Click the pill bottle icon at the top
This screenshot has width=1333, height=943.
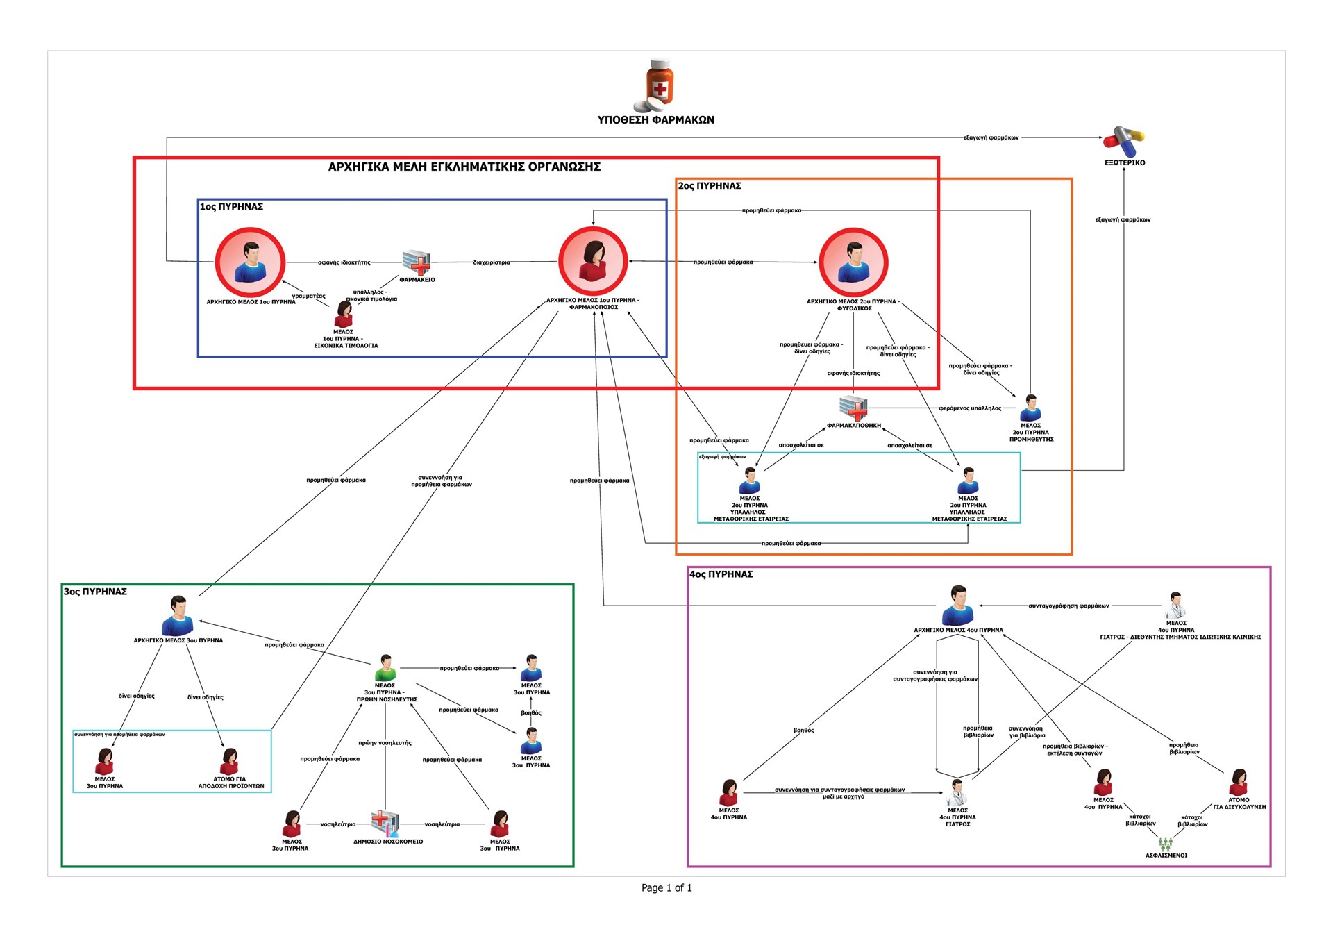[x=658, y=85]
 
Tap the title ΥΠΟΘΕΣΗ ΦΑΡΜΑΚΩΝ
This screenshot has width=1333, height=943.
[x=655, y=120]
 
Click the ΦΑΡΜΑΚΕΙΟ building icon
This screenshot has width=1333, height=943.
[x=417, y=262]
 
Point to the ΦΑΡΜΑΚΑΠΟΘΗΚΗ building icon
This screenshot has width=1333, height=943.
[x=853, y=408]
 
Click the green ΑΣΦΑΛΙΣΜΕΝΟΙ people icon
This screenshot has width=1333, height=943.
[x=1166, y=844]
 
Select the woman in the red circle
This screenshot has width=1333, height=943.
[x=593, y=261]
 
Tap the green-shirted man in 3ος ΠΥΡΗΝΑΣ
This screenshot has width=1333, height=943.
[x=385, y=668]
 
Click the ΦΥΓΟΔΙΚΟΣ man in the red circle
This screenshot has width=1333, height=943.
[x=853, y=262]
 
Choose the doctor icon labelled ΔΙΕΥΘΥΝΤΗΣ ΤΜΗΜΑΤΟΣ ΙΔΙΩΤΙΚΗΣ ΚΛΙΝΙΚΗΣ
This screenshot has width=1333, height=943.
[x=1175, y=605]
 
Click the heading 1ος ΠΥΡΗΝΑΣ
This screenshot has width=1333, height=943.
[x=231, y=207]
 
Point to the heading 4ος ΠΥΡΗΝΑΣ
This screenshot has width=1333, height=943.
[x=721, y=574]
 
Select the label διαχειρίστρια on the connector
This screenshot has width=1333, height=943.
[x=491, y=262]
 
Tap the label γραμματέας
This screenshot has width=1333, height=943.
[x=308, y=297]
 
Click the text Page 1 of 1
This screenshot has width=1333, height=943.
[x=666, y=887]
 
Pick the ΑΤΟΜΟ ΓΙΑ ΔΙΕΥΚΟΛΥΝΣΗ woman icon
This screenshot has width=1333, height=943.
[x=1239, y=782]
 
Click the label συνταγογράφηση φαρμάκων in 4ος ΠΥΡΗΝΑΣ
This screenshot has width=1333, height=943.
[x=1068, y=606]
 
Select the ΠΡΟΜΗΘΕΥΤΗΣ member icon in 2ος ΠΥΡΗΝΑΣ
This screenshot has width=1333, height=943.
[x=1031, y=408]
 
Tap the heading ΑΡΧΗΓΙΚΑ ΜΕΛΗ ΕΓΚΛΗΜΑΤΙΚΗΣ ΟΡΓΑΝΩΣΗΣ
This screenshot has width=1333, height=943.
[x=464, y=167]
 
